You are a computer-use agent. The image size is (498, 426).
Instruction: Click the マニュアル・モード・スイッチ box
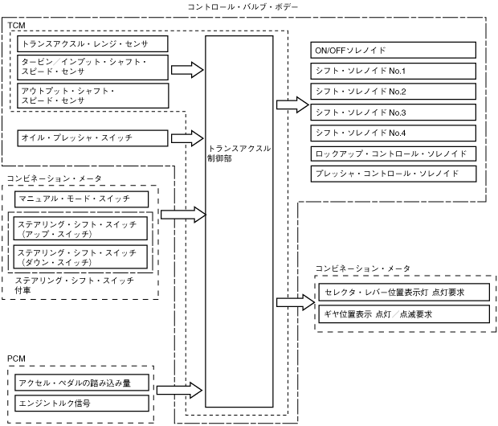[x=82, y=198]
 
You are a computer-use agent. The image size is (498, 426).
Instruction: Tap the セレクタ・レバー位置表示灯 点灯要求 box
[x=403, y=292]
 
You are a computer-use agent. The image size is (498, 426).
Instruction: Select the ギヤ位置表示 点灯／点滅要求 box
[x=403, y=314]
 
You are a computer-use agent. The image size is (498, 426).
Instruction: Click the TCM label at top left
[x=17, y=26]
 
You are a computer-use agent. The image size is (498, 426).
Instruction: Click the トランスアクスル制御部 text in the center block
[x=238, y=154]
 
